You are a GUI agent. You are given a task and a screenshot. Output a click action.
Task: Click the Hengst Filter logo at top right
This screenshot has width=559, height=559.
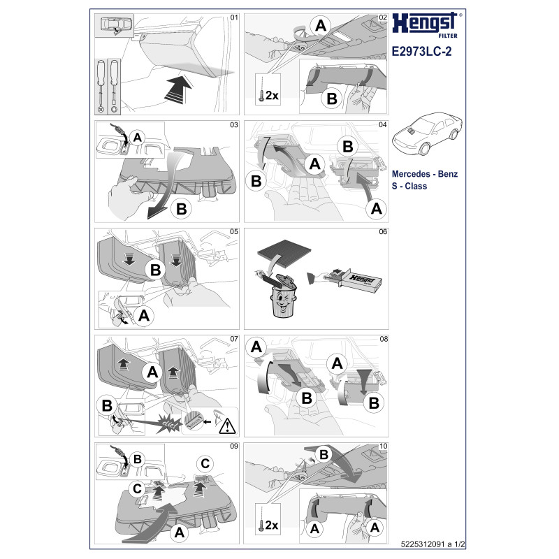[x=426, y=25]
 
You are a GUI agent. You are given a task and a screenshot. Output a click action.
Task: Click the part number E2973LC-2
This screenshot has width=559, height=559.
[x=421, y=51]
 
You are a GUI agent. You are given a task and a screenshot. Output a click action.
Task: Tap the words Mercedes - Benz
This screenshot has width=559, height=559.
[x=425, y=174]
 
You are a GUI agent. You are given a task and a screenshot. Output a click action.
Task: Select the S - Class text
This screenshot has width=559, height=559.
[x=409, y=186]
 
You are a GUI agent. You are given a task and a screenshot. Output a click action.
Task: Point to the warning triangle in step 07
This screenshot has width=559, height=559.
[x=227, y=426]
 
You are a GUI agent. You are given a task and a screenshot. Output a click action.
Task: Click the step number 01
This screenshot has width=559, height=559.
[x=234, y=17]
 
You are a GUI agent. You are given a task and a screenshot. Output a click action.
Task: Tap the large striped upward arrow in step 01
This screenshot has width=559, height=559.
[x=178, y=89]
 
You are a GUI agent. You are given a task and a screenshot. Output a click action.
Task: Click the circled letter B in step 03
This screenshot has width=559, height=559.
[x=182, y=209]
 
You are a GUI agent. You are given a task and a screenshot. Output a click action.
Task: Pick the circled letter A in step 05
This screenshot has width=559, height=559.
[x=144, y=316]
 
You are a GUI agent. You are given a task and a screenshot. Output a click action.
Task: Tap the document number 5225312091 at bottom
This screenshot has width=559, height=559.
[x=423, y=544]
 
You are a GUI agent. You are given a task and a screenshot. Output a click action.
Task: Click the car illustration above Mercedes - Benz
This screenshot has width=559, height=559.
[x=427, y=133]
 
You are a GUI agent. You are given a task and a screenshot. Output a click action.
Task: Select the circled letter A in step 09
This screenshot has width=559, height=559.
[x=180, y=532]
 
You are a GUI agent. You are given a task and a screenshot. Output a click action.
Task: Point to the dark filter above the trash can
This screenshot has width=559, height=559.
[x=284, y=250]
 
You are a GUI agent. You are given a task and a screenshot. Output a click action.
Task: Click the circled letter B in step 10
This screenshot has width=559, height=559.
[x=324, y=455]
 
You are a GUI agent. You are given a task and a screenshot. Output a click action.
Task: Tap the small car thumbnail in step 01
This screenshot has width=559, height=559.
[x=115, y=25]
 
